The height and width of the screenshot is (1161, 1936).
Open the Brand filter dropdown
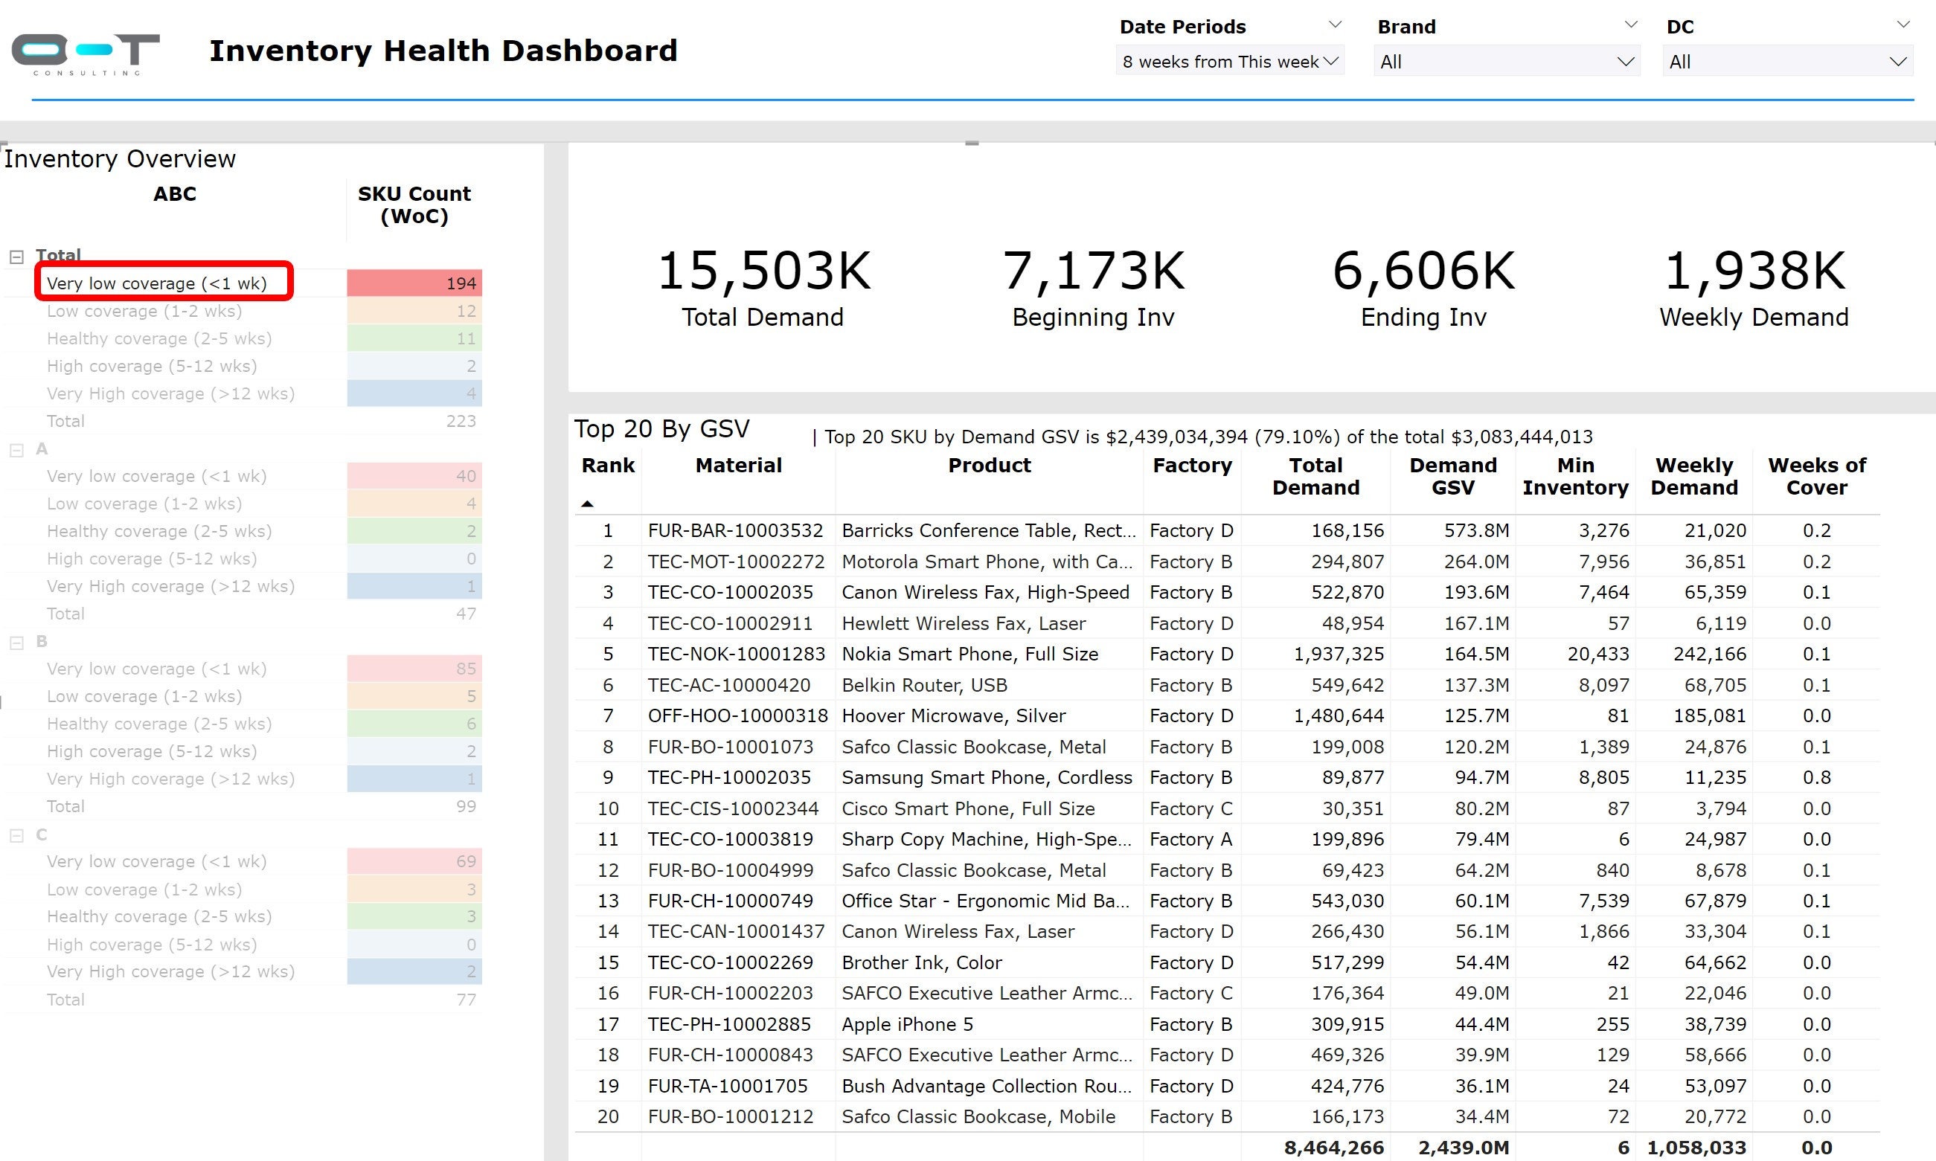coord(1506,62)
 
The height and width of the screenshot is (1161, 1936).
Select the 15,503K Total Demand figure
coord(763,271)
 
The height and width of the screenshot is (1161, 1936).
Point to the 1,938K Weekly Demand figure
coord(1754,271)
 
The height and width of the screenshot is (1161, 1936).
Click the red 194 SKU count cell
coord(414,283)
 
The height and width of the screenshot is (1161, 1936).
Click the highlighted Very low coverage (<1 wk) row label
coord(156,283)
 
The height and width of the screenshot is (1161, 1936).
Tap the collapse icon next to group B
coord(16,643)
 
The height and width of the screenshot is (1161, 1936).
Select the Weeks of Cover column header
coord(1816,476)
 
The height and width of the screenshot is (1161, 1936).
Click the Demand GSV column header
coord(1452,476)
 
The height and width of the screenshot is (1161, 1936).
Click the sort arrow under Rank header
coord(588,504)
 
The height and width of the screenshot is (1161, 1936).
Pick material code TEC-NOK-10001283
coord(736,654)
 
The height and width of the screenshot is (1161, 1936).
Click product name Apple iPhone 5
coord(907,1024)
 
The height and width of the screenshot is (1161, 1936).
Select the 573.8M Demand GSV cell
coord(1476,530)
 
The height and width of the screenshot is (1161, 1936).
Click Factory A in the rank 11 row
coord(1190,840)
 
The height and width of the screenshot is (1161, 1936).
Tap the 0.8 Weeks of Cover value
coord(1815,778)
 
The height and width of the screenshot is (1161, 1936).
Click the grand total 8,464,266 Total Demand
coord(1333,1148)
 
